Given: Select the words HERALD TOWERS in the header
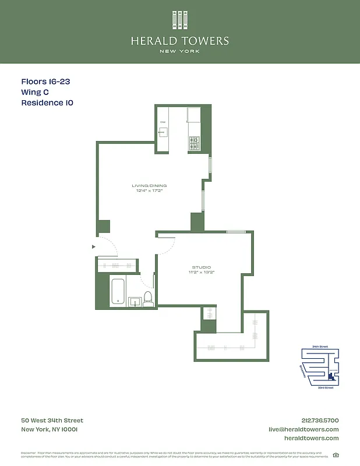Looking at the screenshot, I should pyautogui.click(x=179, y=41).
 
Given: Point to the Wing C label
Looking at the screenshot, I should pyautogui.click(x=35, y=92).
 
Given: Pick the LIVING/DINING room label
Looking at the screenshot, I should pyautogui.click(x=149, y=185).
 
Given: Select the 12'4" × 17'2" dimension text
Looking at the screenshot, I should pyautogui.click(x=149, y=190).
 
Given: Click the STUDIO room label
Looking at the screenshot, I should pyautogui.click(x=202, y=267).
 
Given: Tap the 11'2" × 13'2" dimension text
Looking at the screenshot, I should pyautogui.click(x=202, y=273).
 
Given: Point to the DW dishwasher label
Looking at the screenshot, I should pyautogui.click(x=163, y=122).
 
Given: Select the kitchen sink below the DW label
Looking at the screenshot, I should pyautogui.click(x=163, y=132).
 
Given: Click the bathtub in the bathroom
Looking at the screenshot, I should pyautogui.click(x=119, y=291).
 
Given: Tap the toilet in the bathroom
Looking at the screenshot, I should pyautogui.click(x=148, y=299).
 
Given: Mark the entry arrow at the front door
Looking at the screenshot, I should pyautogui.click(x=93, y=247).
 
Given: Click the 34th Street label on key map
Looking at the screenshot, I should pyautogui.click(x=320, y=347).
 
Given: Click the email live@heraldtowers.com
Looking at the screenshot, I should pyautogui.click(x=303, y=429).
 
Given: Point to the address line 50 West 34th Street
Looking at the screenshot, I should pyautogui.click(x=52, y=421).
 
